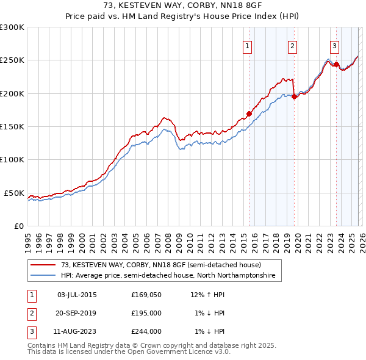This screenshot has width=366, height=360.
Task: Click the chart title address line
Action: [x=183, y=7]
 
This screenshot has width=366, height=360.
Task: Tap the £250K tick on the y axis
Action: [x=12, y=60]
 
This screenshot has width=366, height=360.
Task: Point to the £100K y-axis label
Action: [x=12, y=159]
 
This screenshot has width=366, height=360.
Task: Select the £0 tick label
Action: [x=18, y=226]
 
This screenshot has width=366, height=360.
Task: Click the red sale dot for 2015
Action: [x=249, y=113]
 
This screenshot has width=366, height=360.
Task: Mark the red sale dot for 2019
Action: [x=294, y=96]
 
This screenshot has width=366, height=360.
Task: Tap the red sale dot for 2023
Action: [x=336, y=64]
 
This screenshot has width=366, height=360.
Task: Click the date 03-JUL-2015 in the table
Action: [x=76, y=295]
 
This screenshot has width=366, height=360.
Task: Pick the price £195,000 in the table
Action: [x=146, y=313]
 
